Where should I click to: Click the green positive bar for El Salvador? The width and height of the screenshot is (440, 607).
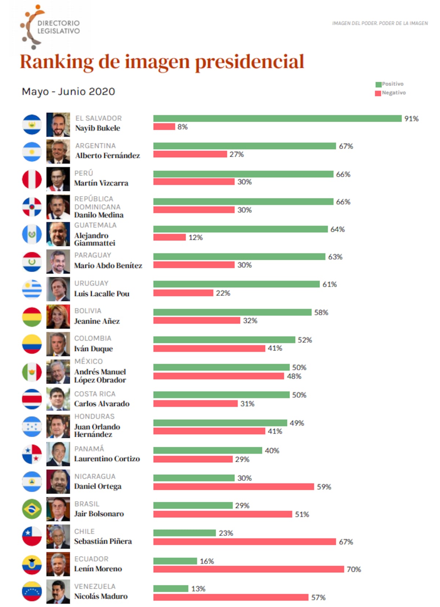coord(277,118)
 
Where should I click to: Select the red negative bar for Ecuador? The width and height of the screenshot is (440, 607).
coord(249,569)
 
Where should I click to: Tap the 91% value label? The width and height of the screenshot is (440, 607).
coord(411,119)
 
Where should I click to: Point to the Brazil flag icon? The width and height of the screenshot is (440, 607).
coord(32,509)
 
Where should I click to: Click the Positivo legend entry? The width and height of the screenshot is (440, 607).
coord(389,84)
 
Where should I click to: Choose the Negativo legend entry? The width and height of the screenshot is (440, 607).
coord(390,93)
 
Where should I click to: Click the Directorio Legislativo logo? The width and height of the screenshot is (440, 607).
coord(50,27)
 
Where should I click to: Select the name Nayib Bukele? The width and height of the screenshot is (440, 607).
coord(98,128)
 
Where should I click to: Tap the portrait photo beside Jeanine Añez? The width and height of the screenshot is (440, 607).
coord(58,317)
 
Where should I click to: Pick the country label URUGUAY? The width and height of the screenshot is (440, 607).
coord(91,283)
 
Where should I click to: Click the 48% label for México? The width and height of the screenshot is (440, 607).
coord(294,376)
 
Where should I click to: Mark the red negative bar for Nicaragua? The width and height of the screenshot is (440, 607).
coord(234,486)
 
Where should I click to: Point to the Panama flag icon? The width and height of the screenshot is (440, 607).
coord(32,454)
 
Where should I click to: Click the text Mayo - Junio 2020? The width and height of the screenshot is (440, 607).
coord(69,92)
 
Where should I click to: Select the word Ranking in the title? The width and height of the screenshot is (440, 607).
coord(57,62)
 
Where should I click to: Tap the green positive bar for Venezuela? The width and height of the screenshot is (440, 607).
coord(170,588)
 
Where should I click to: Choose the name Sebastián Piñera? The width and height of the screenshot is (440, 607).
coord(103,541)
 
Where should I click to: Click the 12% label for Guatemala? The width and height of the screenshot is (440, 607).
coord(195,237)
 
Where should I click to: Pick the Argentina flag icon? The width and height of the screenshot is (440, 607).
coord(32,152)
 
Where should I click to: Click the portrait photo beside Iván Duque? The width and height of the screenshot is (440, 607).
coord(58,344)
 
